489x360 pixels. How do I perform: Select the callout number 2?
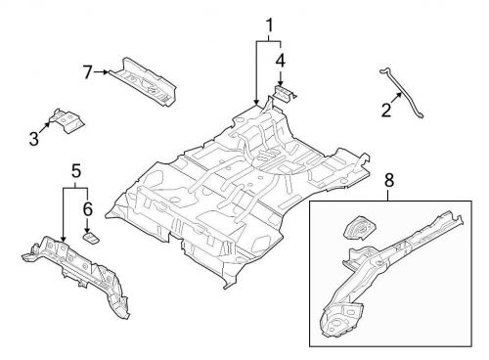click(x=385, y=111)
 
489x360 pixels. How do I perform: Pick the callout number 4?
click(x=280, y=62)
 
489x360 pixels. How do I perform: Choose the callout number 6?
click(x=87, y=208)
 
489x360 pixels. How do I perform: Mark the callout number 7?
click(x=87, y=70)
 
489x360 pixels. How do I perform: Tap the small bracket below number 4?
click(x=284, y=93)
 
